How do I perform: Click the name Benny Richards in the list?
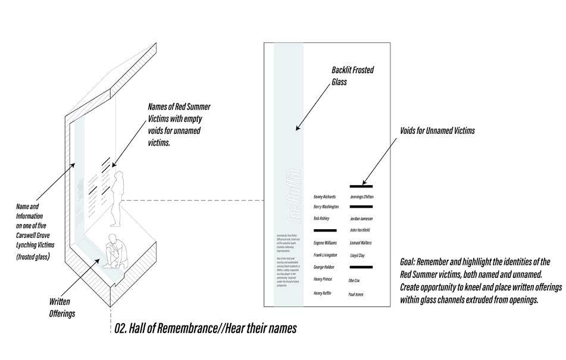pos(324,196)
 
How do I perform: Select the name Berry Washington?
pos(326,206)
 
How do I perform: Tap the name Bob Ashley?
pos(321,218)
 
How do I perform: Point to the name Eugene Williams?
pos(325,243)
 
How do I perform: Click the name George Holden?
pos(324,267)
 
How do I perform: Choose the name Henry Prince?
pos(323,279)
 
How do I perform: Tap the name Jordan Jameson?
pos(362,218)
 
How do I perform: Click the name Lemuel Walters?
pos(361,243)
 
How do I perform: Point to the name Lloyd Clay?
pos(358,255)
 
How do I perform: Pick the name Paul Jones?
pos(356,295)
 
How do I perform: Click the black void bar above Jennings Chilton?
pos(361,186)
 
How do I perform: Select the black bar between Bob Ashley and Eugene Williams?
pos(325,230)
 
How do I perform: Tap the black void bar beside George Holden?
pos(361,267)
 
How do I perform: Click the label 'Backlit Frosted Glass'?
pos(353,76)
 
